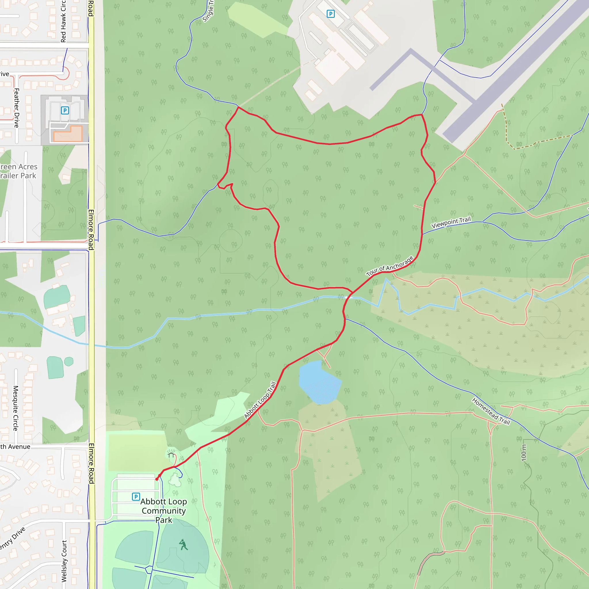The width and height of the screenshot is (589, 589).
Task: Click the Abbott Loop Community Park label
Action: coord(164,511)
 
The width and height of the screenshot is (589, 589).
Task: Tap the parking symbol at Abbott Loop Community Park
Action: coord(136,497)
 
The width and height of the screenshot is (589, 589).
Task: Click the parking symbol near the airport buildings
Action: coord(330,14)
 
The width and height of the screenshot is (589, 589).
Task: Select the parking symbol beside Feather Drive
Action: coord(65,110)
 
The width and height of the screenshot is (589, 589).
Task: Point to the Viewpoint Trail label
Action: coord(451,223)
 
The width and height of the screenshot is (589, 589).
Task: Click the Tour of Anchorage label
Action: coord(390,266)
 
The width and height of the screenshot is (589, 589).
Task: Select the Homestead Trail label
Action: coord(491,411)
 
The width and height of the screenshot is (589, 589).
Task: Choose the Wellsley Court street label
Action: coord(64,561)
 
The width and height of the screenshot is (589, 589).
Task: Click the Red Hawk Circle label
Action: coord(63,21)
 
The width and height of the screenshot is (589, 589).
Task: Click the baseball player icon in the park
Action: coord(183,544)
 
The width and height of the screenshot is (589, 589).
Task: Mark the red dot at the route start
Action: coord(157,479)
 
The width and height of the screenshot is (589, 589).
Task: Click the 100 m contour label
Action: coord(523,453)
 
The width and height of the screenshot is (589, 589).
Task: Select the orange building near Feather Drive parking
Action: coord(68,134)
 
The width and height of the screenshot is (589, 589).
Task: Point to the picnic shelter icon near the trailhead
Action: coord(171,455)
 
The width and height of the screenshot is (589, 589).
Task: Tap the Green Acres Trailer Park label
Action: coord(18,171)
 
